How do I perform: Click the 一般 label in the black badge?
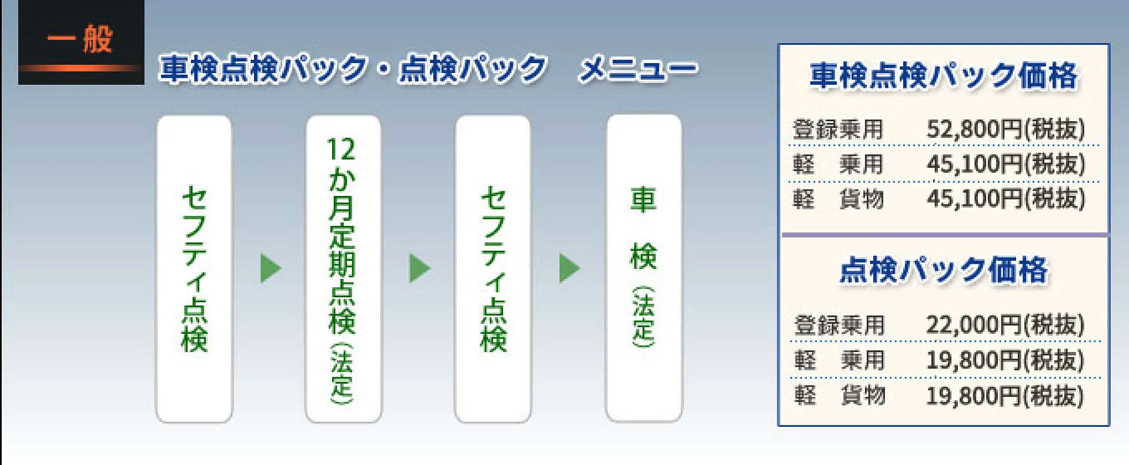[x=80, y=39]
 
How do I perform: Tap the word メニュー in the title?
[x=638, y=69]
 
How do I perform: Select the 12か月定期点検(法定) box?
[x=343, y=268]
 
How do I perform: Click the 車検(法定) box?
[x=644, y=268]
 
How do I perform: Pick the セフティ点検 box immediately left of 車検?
[x=493, y=268]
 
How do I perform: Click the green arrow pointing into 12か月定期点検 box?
[x=270, y=268]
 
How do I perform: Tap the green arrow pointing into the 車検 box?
[x=570, y=268]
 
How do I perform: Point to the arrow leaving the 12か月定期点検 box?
[x=420, y=268]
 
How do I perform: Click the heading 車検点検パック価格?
[x=944, y=76]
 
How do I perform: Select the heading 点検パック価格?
[x=944, y=270]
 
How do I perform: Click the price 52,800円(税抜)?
[x=1006, y=129]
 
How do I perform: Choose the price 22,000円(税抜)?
[x=1005, y=324]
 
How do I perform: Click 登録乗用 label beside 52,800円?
[x=838, y=129]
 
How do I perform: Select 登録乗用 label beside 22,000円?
[x=839, y=325]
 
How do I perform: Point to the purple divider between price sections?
[x=944, y=235]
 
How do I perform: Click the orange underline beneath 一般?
[x=81, y=68]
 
